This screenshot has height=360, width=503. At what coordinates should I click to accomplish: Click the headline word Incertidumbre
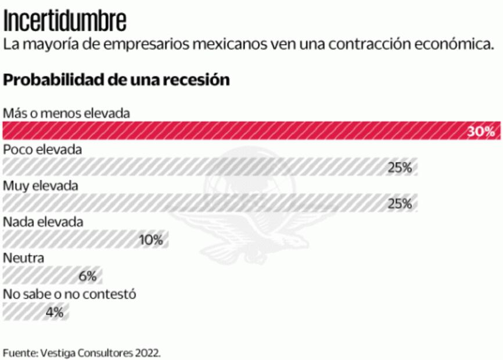64,21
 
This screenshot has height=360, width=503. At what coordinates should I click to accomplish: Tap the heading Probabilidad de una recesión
116,80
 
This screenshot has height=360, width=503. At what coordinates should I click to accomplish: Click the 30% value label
481,131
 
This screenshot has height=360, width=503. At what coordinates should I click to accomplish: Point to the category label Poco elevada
42,149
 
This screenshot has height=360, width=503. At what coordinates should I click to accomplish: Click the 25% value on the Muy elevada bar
400,204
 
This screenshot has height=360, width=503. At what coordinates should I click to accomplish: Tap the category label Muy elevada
41,186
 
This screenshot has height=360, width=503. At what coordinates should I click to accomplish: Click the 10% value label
150,240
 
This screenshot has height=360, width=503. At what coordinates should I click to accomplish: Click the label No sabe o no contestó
70,294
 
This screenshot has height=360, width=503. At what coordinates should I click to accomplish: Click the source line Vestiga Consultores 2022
81,352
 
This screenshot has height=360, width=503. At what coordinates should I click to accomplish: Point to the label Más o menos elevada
66,113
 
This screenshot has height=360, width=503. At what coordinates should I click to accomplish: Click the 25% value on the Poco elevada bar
400,168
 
